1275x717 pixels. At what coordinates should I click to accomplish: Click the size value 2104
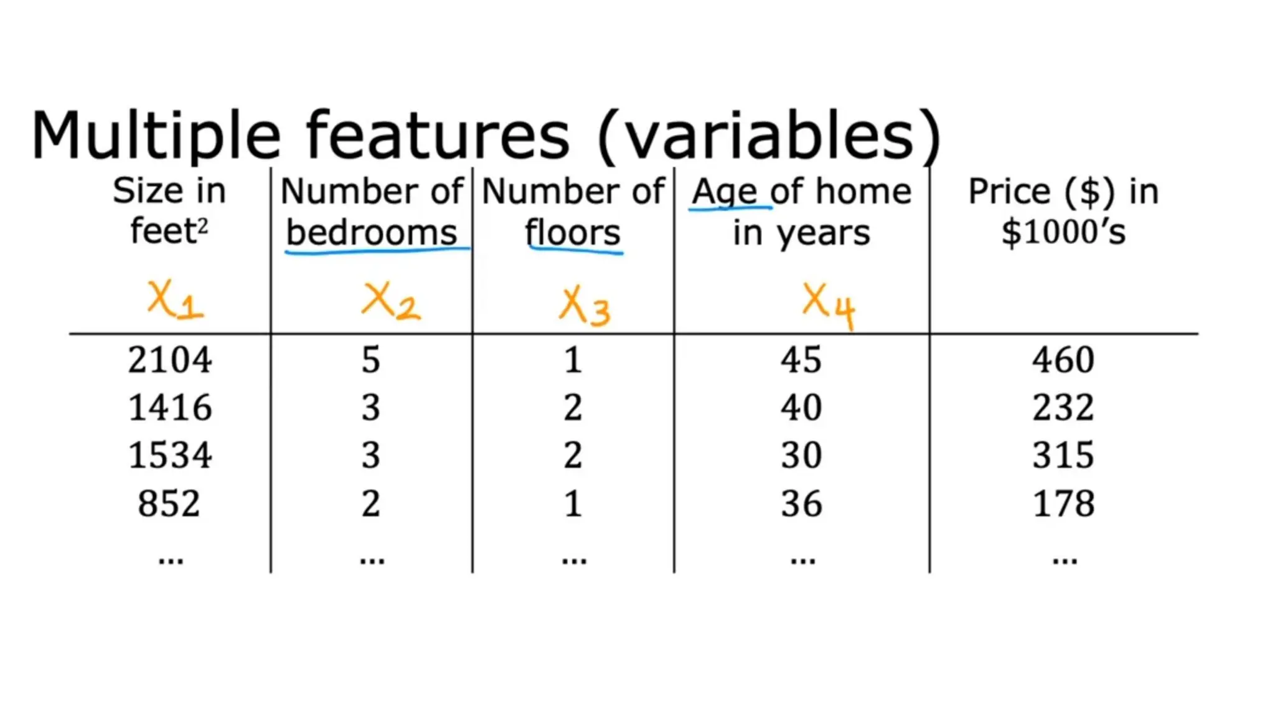tap(169, 360)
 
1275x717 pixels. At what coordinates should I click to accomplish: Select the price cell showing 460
tap(1063, 360)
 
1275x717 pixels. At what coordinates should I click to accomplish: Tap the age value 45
tap(801, 360)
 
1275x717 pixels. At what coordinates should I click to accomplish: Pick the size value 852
tap(169, 503)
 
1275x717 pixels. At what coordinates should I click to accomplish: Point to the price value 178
tap(1063, 503)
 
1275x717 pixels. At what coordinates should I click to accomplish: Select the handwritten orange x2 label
tap(391, 302)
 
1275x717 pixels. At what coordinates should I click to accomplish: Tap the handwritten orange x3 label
tap(585, 307)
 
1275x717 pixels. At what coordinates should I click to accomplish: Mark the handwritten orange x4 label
tap(829, 306)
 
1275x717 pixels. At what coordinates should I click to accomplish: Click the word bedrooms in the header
tap(372, 233)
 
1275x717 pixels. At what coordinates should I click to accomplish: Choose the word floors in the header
tap(573, 233)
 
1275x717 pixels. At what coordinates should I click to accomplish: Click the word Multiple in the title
tap(156, 136)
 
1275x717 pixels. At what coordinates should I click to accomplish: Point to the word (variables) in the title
tap(769, 136)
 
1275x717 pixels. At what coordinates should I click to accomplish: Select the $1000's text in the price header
tap(1063, 232)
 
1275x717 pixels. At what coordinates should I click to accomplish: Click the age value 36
tap(801, 503)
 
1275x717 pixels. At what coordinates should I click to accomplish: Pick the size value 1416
tap(169, 408)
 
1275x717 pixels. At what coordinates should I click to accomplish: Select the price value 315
tap(1063, 455)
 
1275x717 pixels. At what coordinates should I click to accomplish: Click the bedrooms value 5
tap(371, 360)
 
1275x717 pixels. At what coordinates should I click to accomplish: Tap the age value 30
tap(801, 455)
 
